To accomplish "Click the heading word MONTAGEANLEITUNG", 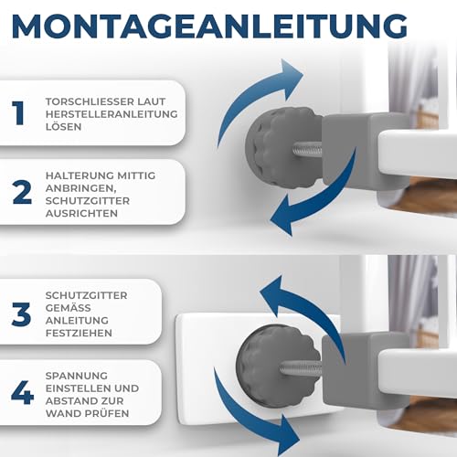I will coord(209,26).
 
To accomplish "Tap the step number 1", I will coord(19,112).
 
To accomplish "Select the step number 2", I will coord(19,192).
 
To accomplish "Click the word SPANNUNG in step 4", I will coord(73,376).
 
